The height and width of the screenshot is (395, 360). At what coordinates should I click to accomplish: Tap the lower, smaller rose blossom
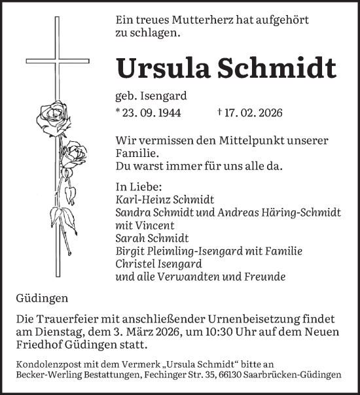pos(77,155)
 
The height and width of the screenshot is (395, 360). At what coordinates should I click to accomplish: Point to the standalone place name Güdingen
pos(42,299)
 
